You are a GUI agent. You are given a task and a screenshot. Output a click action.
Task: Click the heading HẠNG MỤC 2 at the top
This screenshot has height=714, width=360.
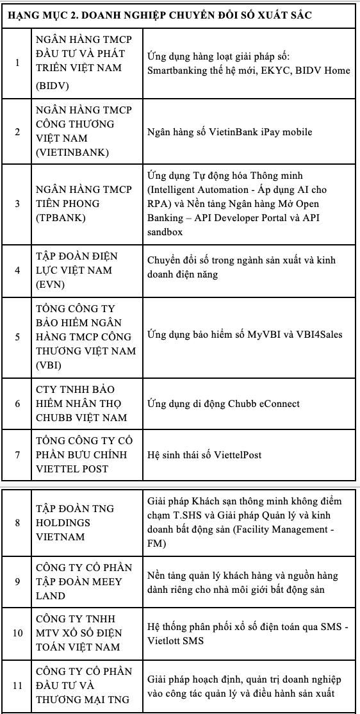[160, 15]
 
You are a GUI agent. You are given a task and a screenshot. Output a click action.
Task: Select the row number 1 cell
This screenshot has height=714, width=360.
[17, 63]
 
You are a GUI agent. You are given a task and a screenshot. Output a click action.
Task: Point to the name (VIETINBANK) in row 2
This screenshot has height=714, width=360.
[72, 153]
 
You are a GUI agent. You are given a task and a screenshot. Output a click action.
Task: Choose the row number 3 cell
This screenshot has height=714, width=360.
[17, 204]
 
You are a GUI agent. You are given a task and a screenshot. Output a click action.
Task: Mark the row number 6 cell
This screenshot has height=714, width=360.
[17, 404]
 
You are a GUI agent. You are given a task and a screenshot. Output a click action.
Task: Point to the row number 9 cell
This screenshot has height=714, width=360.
[17, 582]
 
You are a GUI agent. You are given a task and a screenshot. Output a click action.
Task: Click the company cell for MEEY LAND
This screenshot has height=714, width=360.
[78, 581]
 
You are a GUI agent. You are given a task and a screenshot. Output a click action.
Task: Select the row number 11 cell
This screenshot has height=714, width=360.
[17, 685]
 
